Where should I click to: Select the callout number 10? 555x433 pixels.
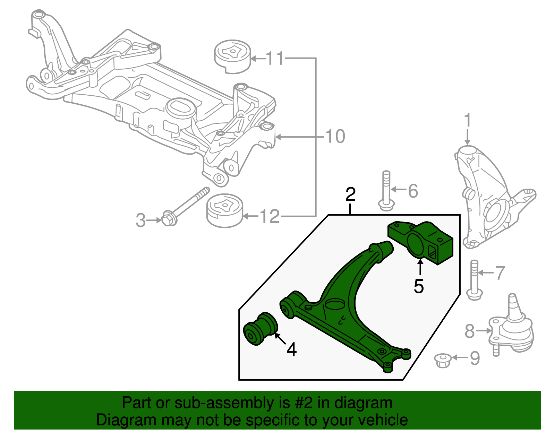tap(335, 136)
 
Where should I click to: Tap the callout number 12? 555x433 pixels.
tap(270, 217)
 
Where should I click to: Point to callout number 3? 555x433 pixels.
tap(140, 220)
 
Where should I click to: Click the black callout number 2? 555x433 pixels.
tap(351, 194)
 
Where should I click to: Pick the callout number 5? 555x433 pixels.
tap(419, 286)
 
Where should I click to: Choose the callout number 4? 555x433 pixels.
tap(292, 349)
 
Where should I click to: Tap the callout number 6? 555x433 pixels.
tap(413, 191)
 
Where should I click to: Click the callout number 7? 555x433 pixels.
tap(499, 273)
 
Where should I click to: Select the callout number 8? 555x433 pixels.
tap(470, 331)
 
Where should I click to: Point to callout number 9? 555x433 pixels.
tap(475, 358)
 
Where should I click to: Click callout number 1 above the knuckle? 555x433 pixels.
tap(468, 120)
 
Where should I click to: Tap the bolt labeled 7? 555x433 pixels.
tap(474, 280)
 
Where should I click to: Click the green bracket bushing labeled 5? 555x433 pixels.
tap(420, 243)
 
